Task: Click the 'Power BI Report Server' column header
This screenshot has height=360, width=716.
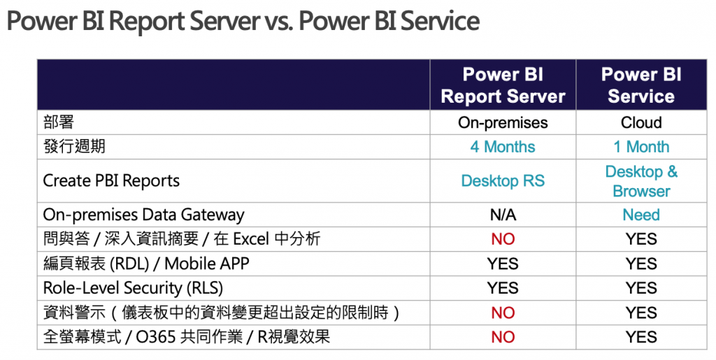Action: click(x=503, y=85)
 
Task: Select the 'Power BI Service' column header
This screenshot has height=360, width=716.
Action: click(x=641, y=85)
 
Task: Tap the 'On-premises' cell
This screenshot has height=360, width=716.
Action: click(x=503, y=122)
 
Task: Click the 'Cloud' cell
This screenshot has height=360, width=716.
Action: click(x=641, y=122)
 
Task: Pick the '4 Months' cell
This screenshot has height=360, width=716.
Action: click(x=503, y=147)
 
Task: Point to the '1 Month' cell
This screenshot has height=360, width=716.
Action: click(x=641, y=147)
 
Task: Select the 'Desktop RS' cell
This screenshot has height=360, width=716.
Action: click(x=503, y=180)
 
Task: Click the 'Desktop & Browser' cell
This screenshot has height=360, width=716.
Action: click(x=641, y=181)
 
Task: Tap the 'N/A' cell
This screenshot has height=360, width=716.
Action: click(x=503, y=215)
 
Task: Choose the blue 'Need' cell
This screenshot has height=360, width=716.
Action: click(x=641, y=215)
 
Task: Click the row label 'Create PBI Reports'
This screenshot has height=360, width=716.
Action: click(x=111, y=180)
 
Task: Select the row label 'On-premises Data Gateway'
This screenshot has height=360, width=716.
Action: click(x=144, y=215)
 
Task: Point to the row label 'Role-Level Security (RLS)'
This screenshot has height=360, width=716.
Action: click(x=134, y=288)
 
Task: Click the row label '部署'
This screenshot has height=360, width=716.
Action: click(x=59, y=122)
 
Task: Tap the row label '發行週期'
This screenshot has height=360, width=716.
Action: click(x=74, y=147)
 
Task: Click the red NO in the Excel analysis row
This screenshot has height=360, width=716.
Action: click(x=503, y=239)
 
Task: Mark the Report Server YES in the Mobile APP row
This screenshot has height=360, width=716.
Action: click(x=503, y=264)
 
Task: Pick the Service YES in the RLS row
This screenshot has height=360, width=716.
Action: click(x=641, y=288)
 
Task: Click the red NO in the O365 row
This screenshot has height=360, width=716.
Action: click(x=503, y=337)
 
